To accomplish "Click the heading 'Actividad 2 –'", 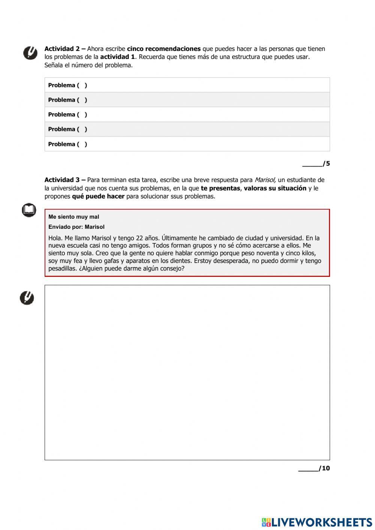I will point(64,49).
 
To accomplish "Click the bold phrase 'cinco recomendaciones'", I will point(163,49).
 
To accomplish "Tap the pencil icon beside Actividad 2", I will point(30,53).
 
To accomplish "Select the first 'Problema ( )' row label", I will point(67,85).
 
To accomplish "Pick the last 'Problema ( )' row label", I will point(67,144).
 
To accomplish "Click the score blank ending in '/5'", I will point(316,164).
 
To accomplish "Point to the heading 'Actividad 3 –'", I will point(64,180).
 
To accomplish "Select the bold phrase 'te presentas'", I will point(220,188).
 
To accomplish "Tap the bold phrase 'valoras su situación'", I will point(275,188).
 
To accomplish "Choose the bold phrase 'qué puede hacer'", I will point(98,197).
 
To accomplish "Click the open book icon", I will point(29,210).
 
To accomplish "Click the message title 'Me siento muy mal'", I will point(74,217).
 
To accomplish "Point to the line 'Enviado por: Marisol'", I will point(76,227).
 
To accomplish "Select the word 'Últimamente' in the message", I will point(180,238).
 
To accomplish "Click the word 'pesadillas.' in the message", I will point(63,269).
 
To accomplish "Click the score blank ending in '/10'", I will point(314,468).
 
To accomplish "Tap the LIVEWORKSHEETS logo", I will point(317,522).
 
